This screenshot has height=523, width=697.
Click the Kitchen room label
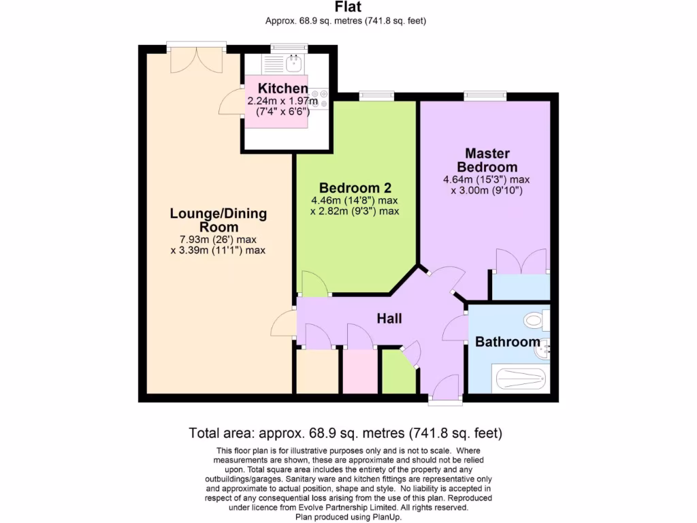point(282,88)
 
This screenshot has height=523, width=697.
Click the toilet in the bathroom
point(536,320)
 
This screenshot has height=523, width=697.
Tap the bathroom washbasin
point(542,349)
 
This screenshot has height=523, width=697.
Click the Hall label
point(389,319)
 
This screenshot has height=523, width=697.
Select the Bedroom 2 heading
point(355,188)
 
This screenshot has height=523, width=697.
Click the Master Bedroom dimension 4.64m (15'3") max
point(486,180)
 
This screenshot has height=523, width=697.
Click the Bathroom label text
point(508,342)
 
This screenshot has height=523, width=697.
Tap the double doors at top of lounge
point(197,60)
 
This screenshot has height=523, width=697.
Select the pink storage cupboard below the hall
point(361,371)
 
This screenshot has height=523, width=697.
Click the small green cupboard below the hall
point(399,371)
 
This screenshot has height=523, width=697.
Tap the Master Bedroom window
point(485,95)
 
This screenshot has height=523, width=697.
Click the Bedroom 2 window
point(376,95)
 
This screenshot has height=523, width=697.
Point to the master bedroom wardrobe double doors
point(521,261)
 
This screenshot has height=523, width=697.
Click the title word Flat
point(348,7)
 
